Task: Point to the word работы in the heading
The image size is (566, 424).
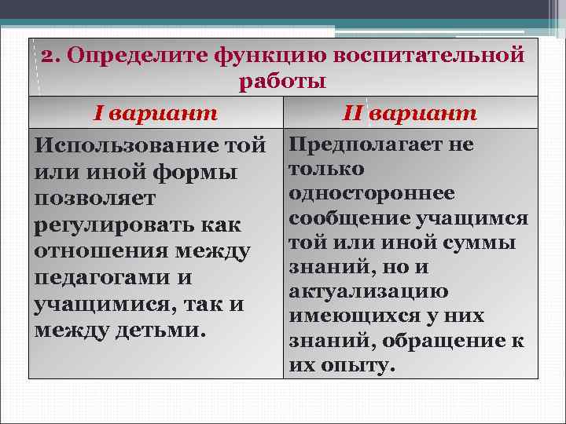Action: pos(283,81)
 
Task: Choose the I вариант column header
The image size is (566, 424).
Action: pos(155,113)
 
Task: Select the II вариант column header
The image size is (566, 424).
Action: pos(410,113)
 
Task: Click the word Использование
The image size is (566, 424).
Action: pos(128,146)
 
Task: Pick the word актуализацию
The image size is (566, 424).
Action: pos(369,291)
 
